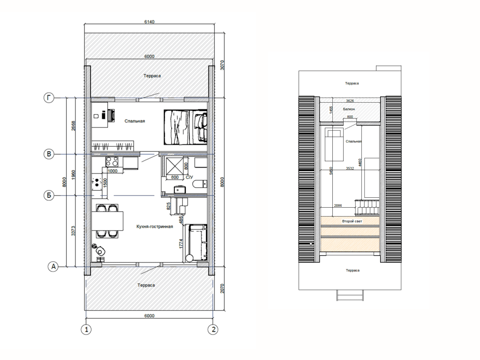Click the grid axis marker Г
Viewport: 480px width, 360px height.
[49, 98]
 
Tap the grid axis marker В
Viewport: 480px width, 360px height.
[49, 154]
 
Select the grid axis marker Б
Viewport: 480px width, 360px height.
[49, 195]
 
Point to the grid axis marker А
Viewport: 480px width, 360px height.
[53, 267]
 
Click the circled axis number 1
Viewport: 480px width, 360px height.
[86, 330]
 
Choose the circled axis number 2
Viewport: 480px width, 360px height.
[213, 330]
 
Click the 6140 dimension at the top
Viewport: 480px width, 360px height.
[150, 22]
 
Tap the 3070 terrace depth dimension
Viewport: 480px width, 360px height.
[223, 65]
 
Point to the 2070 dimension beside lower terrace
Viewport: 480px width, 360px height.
[223, 288]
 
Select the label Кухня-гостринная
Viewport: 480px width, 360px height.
[155, 226]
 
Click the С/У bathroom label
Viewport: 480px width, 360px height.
[189, 177]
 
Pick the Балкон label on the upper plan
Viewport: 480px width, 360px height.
[349, 109]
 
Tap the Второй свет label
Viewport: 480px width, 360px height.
[352, 221]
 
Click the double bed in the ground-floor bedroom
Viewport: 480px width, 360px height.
[185, 127]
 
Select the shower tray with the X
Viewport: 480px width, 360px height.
[174, 167]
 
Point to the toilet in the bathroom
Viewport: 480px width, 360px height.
[200, 184]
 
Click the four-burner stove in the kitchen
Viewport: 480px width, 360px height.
[112, 161]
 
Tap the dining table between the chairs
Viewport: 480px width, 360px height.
[107, 221]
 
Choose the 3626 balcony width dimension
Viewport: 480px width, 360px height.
[350, 101]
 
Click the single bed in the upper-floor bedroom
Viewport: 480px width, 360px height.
[334, 144]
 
